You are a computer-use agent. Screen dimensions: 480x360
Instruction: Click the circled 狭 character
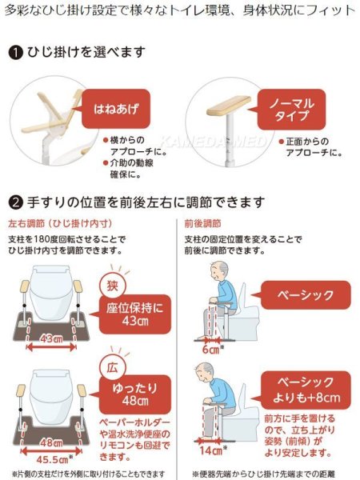pyautogui.click(x=110, y=285)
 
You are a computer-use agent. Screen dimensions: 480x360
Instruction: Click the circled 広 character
pyautogui.click(x=110, y=366)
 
